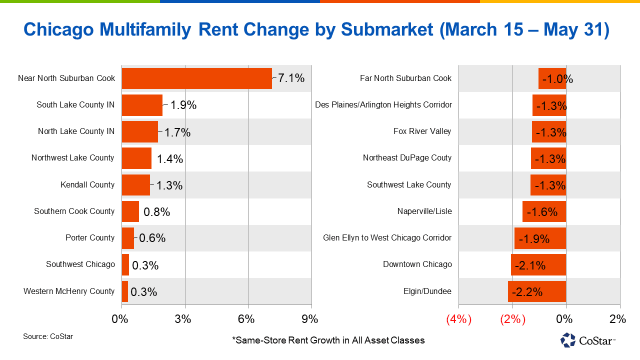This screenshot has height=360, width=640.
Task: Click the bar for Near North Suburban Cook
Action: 196,78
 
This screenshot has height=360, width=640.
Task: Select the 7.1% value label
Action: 291,78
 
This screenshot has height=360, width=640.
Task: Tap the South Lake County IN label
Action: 75,105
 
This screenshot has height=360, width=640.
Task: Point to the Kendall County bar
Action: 135,185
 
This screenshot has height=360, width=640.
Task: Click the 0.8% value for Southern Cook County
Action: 157,212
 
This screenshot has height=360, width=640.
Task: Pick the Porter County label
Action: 90,238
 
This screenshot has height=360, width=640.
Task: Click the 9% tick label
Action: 309,319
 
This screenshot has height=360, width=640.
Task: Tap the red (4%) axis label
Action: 458,319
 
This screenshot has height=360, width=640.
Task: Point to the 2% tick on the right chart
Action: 618,319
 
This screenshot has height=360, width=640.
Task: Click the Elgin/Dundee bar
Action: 537,291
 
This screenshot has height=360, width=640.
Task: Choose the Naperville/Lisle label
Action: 424,211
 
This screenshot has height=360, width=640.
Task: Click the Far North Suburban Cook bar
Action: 552,78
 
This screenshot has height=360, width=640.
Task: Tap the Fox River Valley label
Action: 422,131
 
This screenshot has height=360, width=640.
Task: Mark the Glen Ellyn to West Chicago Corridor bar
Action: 540,238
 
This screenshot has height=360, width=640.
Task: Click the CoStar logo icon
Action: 568,340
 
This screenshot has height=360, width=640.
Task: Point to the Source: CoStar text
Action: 48,336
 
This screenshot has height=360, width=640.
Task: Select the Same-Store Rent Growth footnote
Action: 328,340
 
